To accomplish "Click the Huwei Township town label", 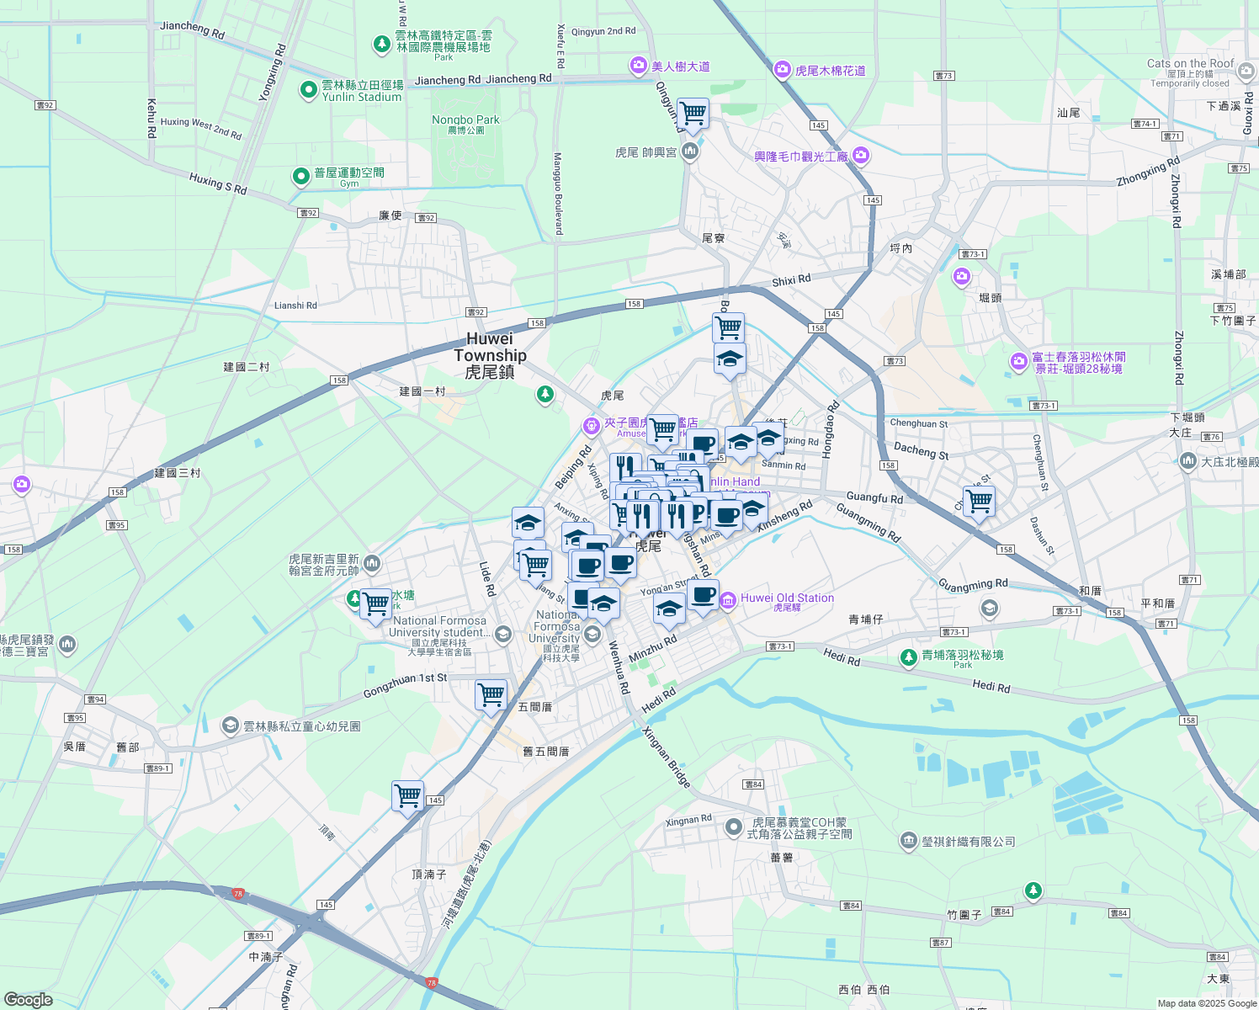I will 490,355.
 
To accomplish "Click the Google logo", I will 28,1000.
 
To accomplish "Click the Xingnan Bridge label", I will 667,757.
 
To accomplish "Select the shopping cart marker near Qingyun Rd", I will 693,113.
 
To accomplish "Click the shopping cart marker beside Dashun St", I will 979,502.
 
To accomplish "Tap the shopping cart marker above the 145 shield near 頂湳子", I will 407,795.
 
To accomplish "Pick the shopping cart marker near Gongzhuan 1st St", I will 491,695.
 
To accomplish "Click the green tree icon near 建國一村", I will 545,394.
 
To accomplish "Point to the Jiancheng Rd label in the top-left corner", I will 193,29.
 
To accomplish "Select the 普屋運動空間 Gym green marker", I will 301,176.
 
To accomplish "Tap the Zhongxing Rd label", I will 1149,171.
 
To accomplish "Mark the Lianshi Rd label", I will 295,306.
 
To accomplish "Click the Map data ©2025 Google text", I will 1207,1003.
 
